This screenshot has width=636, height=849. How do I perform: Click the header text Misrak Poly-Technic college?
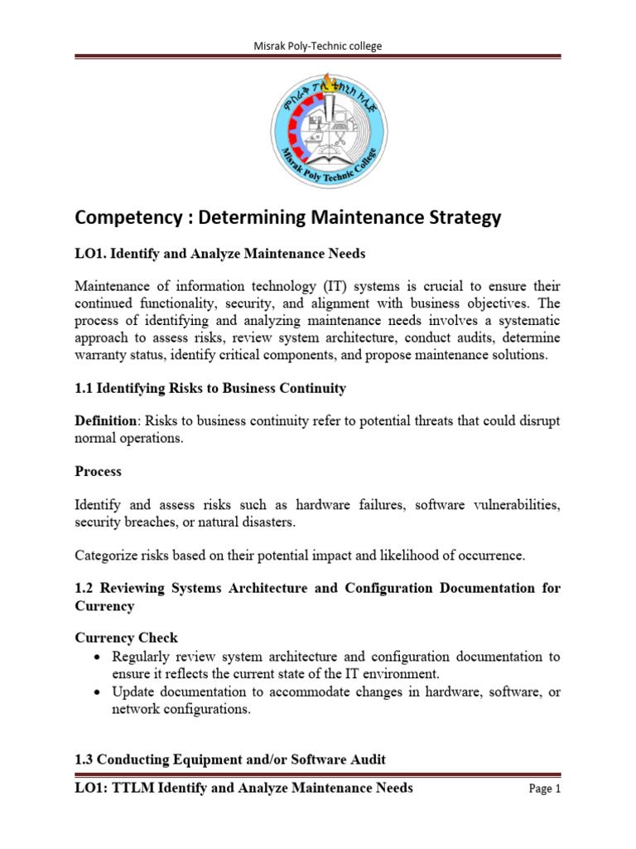(x=317, y=46)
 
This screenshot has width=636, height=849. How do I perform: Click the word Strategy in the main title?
(x=460, y=218)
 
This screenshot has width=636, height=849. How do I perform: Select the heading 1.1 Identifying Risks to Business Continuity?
(x=210, y=388)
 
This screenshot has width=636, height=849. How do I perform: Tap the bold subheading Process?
(x=98, y=471)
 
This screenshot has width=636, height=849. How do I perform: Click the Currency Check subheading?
(x=126, y=638)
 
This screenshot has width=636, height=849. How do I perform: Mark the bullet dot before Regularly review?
(x=99, y=657)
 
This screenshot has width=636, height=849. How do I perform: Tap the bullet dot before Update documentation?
(x=99, y=691)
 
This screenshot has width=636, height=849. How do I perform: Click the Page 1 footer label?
(x=544, y=789)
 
